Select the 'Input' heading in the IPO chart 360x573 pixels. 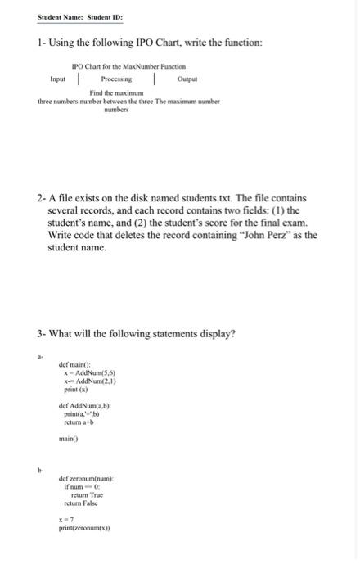tap(58, 79)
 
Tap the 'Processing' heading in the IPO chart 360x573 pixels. tap(115, 79)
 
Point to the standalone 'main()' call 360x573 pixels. tap(69, 440)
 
